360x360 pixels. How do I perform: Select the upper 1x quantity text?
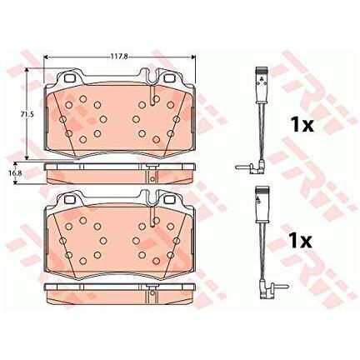302,125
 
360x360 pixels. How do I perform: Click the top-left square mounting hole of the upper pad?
69,78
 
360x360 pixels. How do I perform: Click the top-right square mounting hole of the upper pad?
169,78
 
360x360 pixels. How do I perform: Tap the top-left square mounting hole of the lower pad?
69,199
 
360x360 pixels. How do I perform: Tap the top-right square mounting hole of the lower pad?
169,199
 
